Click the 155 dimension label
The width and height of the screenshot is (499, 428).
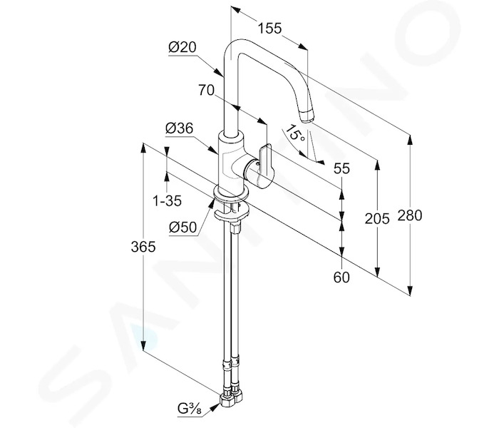point(269,29)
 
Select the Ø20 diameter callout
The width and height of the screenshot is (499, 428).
point(182,48)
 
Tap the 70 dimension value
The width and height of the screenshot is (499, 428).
point(207,90)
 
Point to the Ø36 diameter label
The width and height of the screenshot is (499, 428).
point(179,128)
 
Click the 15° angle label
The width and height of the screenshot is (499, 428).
point(295,134)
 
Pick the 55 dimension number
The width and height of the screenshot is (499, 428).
point(341,168)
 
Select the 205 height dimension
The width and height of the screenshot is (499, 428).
point(377,219)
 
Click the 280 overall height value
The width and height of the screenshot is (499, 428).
point(410,215)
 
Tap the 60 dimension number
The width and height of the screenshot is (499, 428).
point(341,277)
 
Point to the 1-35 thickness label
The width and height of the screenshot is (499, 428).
point(168,201)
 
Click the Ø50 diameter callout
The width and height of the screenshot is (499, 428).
point(182,228)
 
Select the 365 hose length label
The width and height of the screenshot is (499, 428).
point(143,247)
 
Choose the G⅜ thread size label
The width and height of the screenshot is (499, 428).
point(190,409)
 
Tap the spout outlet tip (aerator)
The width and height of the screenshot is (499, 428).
point(307,116)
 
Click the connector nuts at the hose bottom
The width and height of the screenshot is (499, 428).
point(232,398)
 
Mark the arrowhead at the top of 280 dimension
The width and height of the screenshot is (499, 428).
point(410,140)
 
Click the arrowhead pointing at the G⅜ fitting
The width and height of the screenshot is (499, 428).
point(215,407)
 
